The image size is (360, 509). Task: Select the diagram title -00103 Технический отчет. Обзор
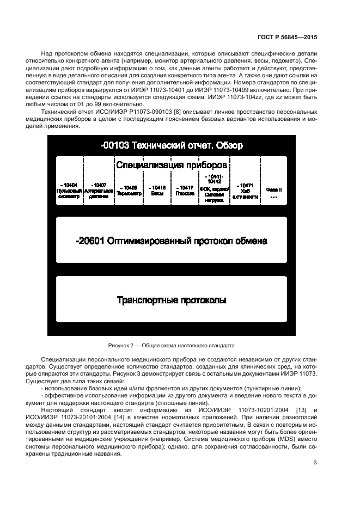click(x=172, y=145)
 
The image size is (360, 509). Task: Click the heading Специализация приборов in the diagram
click(x=172, y=164)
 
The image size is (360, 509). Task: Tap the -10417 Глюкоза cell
click(x=185, y=190)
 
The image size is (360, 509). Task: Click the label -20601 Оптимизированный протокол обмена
click(x=172, y=240)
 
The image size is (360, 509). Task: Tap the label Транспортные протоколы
click(x=172, y=300)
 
